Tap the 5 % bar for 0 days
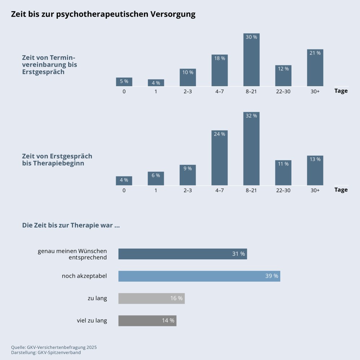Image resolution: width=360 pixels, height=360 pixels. point(124,82)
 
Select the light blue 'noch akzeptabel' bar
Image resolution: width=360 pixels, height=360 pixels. point(199,276)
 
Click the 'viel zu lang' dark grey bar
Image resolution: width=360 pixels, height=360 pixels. point(147,321)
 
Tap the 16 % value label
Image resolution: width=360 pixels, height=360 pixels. point(176,298)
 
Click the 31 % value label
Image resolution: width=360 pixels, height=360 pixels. point(238,254)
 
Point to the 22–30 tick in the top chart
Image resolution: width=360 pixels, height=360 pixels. point(283,91)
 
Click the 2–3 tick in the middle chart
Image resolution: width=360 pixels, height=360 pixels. point(188,190)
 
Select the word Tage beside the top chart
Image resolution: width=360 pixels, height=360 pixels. point(341,91)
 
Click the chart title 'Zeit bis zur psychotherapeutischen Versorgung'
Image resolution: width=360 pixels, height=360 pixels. point(103,14)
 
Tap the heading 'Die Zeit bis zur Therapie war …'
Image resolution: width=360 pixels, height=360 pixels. point(71,226)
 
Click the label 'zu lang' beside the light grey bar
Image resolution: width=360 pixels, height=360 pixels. point(97,298)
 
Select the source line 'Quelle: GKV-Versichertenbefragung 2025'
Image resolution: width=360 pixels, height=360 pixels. point(54,347)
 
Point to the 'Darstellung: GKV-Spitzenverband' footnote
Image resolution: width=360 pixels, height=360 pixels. point(46,352)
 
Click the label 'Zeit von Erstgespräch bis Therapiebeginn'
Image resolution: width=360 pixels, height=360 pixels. point(57,160)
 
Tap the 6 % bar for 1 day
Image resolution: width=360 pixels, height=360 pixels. point(156,179)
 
